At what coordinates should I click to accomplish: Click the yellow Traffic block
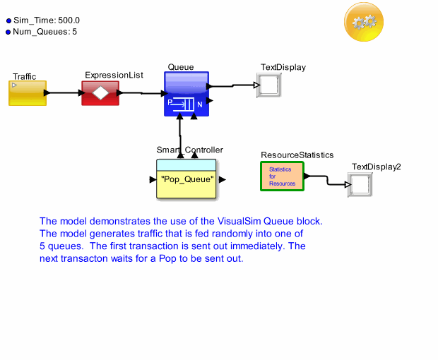tap(28, 93)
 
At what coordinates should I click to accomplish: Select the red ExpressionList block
tap(100, 92)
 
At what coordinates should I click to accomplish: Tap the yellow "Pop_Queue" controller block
tap(187, 179)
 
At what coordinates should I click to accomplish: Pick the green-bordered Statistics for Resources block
tap(282, 176)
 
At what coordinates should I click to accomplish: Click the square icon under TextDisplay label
tap(270, 86)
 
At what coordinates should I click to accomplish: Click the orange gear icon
tap(365, 22)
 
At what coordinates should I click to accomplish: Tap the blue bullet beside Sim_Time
tap(8, 21)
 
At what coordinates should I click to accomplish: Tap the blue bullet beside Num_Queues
tap(8, 32)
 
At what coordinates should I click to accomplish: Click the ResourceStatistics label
tap(297, 155)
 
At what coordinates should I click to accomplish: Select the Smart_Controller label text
tap(189, 150)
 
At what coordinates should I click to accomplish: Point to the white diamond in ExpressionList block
tap(100, 93)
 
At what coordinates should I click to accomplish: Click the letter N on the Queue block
tap(200, 104)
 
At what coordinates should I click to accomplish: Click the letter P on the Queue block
tap(170, 102)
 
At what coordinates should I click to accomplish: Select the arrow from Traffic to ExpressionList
tap(64, 92)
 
